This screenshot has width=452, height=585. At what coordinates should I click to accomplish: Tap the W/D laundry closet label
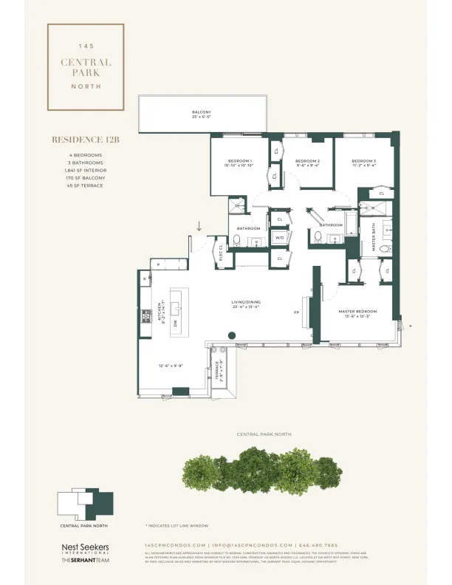click(x=280, y=238)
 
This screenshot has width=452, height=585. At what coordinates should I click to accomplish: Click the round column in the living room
click(x=231, y=336)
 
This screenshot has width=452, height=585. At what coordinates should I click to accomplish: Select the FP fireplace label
click(x=296, y=313)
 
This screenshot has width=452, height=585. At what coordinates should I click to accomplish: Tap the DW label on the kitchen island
click(x=176, y=323)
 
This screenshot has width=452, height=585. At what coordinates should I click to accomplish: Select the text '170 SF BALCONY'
click(x=81, y=178)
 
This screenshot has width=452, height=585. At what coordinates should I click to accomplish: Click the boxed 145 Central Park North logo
click(x=85, y=66)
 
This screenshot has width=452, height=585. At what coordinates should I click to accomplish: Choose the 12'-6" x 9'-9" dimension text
click(x=171, y=366)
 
